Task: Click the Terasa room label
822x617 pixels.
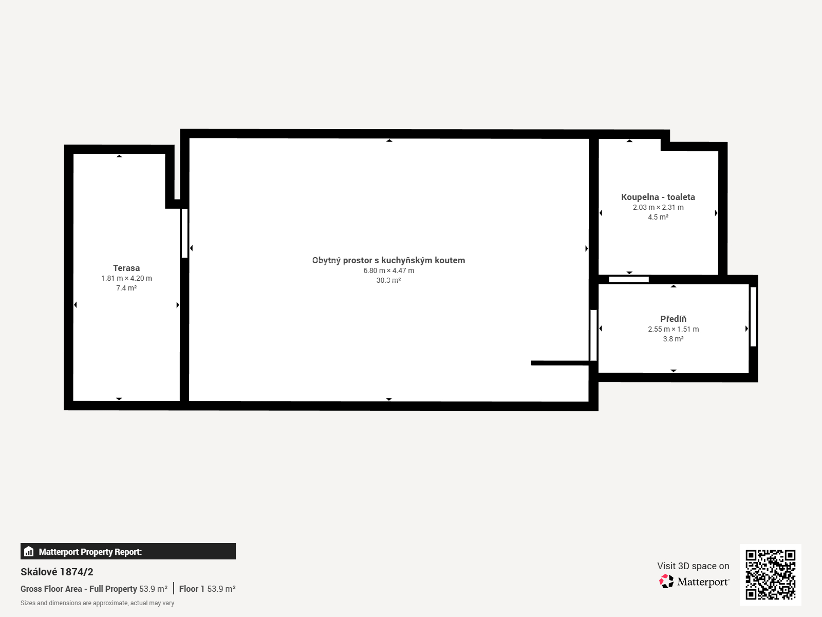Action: coord(126,268)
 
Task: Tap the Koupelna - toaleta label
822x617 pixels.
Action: coord(658,197)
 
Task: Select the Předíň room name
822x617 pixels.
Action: coord(673,319)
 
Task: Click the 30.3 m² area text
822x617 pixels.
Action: coord(388,280)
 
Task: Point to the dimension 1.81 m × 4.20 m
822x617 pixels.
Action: coord(126,278)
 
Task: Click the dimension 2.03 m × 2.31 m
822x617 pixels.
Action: coord(658,207)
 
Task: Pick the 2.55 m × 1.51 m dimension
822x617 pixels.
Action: coord(673,329)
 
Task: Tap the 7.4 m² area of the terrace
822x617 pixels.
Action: coord(126,288)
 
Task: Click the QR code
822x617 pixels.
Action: coord(770,575)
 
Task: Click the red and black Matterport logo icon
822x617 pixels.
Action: coord(666,582)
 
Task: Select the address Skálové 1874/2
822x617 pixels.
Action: coord(57,572)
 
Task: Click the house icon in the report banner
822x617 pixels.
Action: coord(29,551)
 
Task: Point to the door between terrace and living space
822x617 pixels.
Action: coord(184,233)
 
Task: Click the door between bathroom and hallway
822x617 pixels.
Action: coord(629,280)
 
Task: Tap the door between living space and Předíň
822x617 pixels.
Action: coord(593,335)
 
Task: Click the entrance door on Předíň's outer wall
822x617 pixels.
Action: coord(753,317)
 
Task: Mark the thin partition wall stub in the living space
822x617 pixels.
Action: coord(560,363)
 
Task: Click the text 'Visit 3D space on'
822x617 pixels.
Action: coord(693,566)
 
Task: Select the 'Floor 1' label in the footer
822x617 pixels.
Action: coord(192,589)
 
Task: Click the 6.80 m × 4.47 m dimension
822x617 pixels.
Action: coord(388,270)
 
